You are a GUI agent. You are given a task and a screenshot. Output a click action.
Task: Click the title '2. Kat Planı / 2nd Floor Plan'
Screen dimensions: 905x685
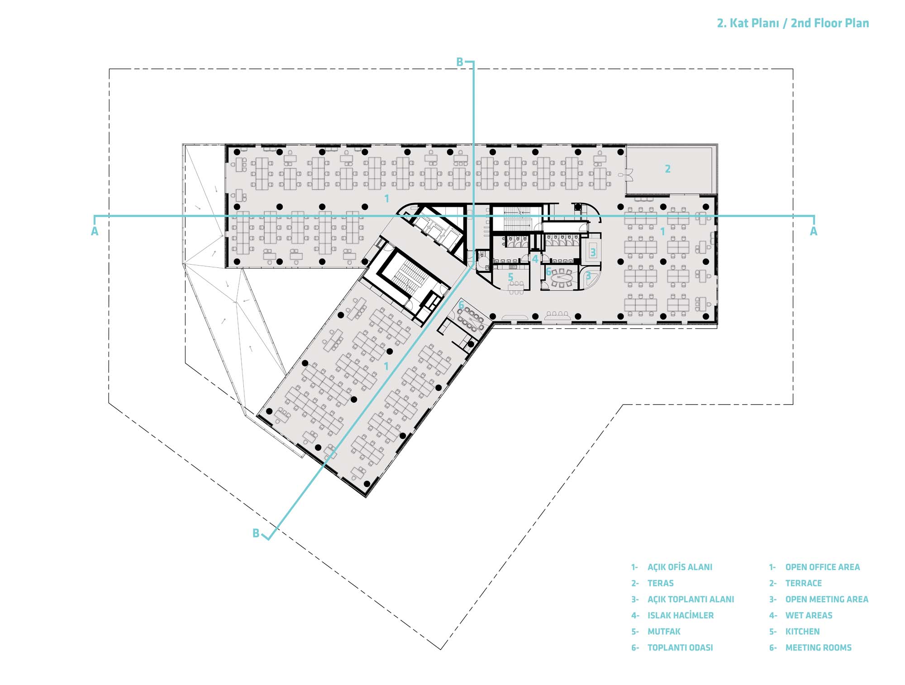tap(793, 23)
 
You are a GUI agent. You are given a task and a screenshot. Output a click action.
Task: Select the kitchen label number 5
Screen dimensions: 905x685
tap(510, 277)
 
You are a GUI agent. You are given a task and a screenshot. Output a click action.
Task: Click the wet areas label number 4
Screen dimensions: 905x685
tap(535, 259)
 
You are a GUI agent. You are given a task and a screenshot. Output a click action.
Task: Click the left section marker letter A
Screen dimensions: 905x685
tap(95, 231)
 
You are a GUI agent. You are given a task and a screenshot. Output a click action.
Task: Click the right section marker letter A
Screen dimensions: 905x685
tap(814, 231)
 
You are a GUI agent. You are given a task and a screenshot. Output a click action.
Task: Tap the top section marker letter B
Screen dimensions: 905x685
tap(460, 62)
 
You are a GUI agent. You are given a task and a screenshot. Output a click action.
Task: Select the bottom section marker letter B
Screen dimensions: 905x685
tap(256, 533)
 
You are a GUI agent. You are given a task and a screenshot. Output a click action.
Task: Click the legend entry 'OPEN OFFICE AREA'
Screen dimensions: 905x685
tap(822, 567)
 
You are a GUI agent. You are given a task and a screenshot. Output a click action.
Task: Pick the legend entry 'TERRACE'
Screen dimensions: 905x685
tap(803, 583)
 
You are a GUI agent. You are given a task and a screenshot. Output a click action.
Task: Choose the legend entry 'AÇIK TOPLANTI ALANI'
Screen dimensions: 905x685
tap(691, 599)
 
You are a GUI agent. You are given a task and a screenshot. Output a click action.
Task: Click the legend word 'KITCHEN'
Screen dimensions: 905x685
tap(802, 631)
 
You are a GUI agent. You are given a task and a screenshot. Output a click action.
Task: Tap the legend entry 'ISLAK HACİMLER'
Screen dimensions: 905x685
tap(681, 615)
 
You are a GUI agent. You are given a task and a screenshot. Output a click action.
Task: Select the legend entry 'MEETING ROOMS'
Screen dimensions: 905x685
tap(818, 647)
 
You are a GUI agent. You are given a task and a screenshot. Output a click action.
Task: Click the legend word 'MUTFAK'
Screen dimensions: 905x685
tap(664, 631)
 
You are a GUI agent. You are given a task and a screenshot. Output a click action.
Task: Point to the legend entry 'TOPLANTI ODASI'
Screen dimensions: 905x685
tap(680, 647)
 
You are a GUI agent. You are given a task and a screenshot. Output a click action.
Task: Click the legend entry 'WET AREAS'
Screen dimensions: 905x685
tap(809, 615)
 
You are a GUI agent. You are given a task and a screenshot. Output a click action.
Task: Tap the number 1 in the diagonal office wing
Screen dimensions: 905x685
tap(386, 366)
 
